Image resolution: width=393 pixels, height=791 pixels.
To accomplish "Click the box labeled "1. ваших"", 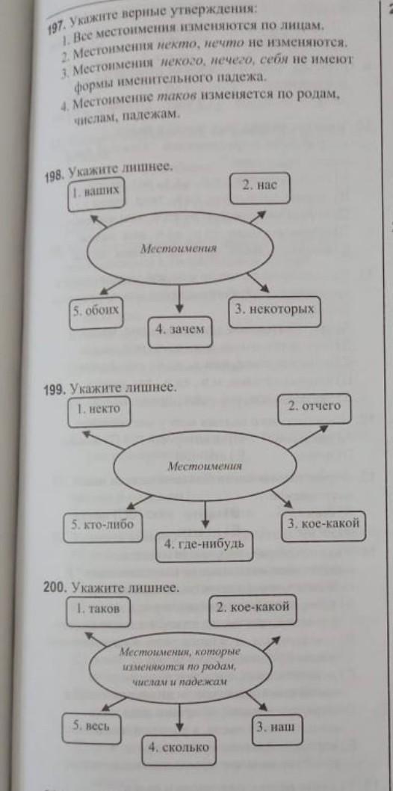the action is [96, 194].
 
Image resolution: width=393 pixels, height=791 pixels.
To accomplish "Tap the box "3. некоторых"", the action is [275, 313].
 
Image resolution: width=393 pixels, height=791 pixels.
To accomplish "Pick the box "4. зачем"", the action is [180, 332].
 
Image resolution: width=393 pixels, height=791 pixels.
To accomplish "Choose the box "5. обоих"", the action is [96, 314].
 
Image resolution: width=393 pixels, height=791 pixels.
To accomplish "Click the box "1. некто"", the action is [98, 411].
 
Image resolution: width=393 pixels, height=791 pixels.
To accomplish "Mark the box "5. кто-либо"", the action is [103, 527].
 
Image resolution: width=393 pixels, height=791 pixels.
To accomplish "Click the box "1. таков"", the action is [98, 612].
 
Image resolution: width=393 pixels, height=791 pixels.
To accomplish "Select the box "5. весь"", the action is [91, 728].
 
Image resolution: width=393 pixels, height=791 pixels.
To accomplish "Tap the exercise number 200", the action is [56, 590].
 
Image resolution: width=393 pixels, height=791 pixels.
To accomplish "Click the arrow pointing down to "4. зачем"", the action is [180, 300].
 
